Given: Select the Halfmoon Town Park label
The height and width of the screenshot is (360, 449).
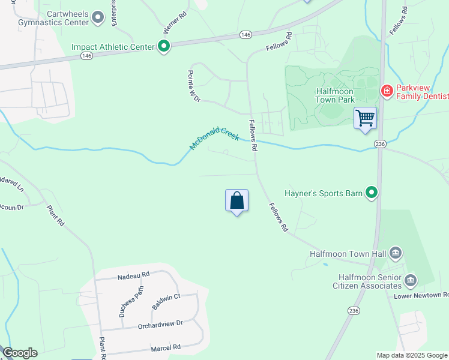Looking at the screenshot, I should click(x=326, y=95).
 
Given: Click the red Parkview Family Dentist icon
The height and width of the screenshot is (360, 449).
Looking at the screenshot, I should click(x=387, y=91).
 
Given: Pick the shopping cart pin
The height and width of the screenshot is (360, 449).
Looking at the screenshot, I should click(x=365, y=119).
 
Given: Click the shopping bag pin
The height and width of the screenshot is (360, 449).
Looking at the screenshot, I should click(x=237, y=202).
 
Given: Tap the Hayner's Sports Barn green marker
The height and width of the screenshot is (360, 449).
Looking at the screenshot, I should click(x=372, y=193).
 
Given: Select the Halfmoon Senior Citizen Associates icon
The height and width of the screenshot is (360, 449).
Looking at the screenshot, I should click(x=411, y=280).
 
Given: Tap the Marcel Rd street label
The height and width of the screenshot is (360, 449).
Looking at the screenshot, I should click(x=165, y=347).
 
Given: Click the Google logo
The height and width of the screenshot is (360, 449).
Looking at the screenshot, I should click(x=20, y=353).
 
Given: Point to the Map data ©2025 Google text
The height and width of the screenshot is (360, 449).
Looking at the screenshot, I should click(x=411, y=355).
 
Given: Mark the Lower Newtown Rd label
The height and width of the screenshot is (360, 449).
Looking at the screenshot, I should click(x=421, y=296).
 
